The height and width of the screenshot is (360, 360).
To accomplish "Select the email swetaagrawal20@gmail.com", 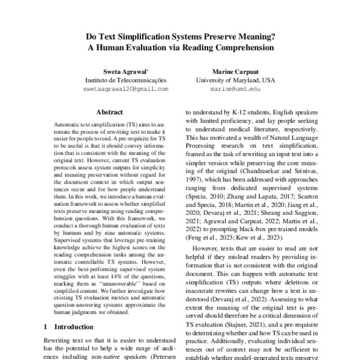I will tap(125, 88).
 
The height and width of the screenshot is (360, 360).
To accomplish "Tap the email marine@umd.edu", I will tap(235, 88).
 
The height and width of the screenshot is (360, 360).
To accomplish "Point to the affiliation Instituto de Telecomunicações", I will tap(125, 79).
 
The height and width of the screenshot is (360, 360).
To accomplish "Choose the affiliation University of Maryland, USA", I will tap(235, 79).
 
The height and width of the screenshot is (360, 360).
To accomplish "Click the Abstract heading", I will tap(109, 112).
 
